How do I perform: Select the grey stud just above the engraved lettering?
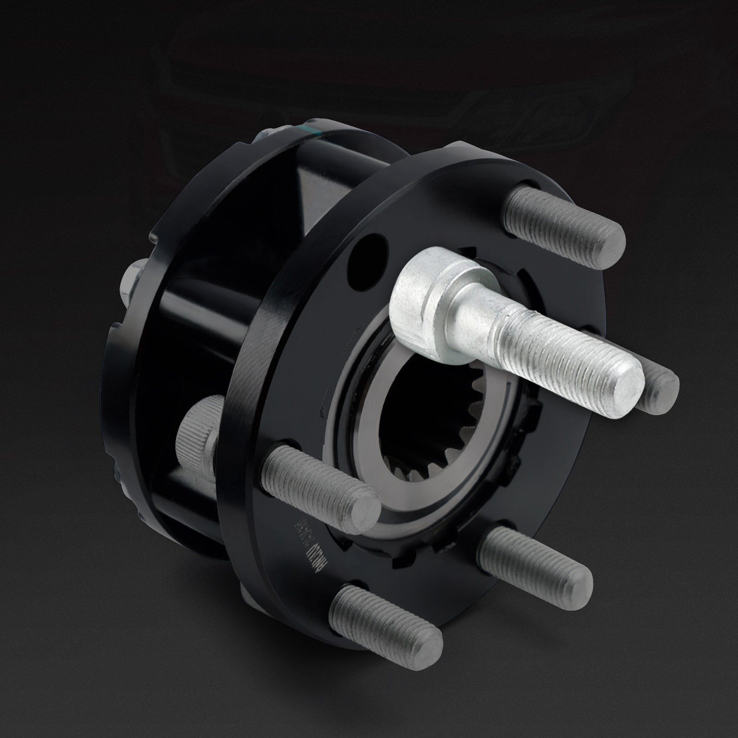pos(318,480)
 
